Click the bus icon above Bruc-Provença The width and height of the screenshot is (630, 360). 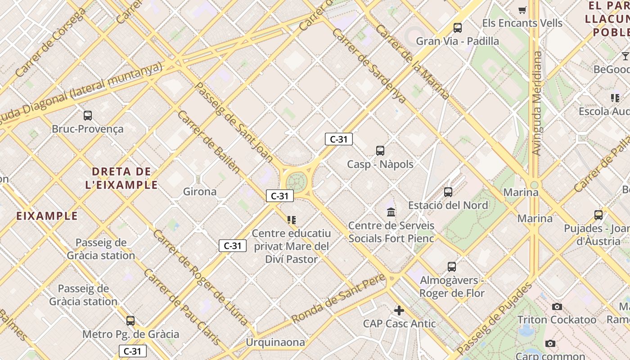[x=88, y=116]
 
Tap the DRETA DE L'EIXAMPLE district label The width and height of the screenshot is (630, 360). [x=121, y=178]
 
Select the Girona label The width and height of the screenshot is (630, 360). [x=200, y=192]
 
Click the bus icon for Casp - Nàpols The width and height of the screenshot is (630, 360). [x=380, y=151]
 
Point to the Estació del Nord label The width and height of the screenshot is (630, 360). [x=448, y=206]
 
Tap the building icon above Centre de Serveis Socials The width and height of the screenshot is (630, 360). [x=391, y=212]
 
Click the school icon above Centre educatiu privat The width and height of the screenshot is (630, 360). [x=292, y=220]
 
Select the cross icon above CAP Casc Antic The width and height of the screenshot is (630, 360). [x=399, y=310]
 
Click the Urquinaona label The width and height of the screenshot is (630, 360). [x=275, y=342]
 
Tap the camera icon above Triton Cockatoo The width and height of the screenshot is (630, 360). [x=557, y=307]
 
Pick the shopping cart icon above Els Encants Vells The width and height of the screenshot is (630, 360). [x=522, y=10]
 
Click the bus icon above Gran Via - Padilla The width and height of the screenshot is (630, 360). [x=458, y=28]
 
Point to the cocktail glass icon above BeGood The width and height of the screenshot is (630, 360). [x=625, y=56]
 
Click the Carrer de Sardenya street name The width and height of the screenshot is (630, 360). [x=369, y=66]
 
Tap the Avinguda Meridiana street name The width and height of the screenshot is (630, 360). [x=537, y=103]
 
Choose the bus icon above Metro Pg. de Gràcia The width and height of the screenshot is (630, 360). [x=130, y=321]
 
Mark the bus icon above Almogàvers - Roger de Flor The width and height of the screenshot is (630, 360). [x=452, y=267]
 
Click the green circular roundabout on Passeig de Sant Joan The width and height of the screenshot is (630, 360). [x=296, y=182]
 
